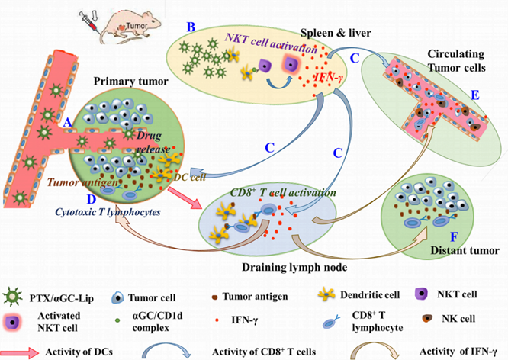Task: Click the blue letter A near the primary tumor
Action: [68, 123]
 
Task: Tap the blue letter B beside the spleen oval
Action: [191, 27]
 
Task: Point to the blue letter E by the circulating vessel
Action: [475, 95]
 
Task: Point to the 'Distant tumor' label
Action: [464, 249]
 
